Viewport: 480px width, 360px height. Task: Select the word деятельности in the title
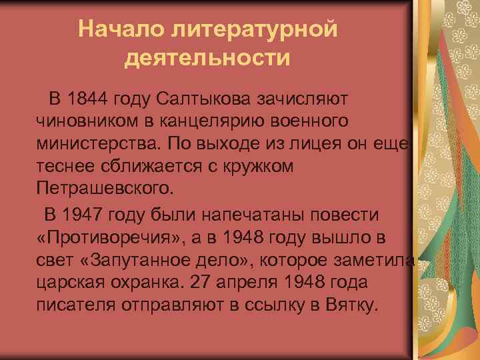[x=207, y=58]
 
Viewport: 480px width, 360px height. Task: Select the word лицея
[x=317, y=143]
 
